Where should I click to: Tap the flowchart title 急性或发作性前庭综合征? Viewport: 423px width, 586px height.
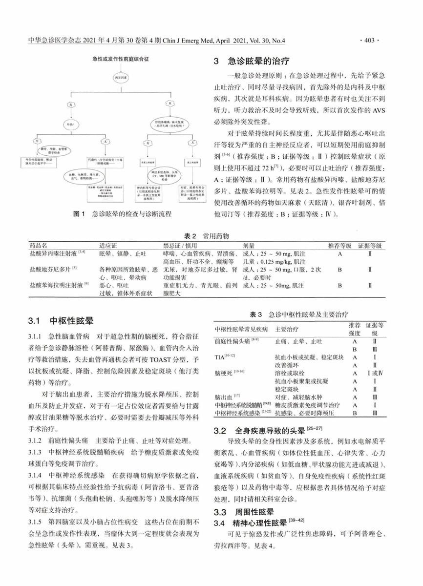(121, 59)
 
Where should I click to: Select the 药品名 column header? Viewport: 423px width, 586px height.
(39, 245)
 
